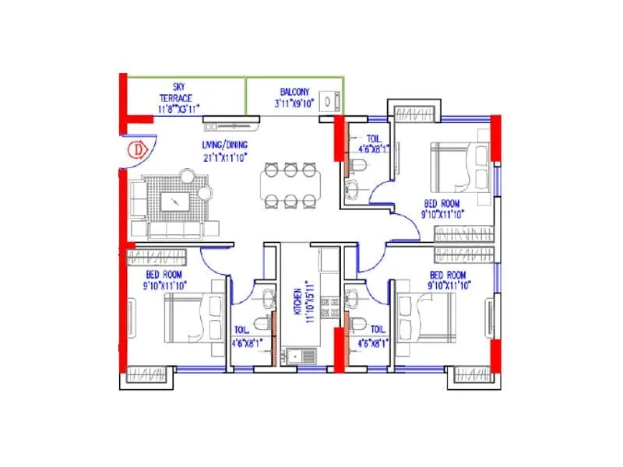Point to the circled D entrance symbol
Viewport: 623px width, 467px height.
(137, 149)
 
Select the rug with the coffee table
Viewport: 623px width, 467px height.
(177, 201)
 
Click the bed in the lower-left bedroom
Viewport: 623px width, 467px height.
(190, 318)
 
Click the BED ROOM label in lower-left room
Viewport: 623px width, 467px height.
(164, 275)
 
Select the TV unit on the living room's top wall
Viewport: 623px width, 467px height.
(231, 120)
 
